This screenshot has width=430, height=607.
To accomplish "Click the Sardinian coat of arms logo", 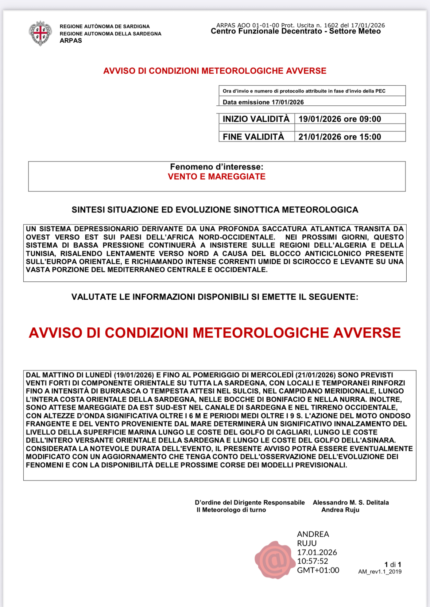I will [x=40, y=33].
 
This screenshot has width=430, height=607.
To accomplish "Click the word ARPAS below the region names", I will [x=71, y=41].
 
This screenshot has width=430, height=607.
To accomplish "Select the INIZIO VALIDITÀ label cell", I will [x=256, y=119].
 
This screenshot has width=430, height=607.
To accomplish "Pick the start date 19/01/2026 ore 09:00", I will [x=340, y=119].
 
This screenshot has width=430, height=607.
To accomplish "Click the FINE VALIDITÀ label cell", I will [x=253, y=137].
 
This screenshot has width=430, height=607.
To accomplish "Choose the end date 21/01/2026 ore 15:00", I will [x=340, y=137].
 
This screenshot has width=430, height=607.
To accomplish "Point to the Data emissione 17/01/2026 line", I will [x=263, y=102].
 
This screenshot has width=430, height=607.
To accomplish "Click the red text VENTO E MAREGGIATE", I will [x=217, y=177].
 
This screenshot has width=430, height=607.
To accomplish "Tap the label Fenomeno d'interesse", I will [x=217, y=167].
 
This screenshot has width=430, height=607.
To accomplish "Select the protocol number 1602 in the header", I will [x=331, y=25].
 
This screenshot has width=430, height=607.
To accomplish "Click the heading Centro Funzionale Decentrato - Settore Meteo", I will [x=295, y=31].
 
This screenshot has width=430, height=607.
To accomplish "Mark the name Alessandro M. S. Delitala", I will [x=350, y=502].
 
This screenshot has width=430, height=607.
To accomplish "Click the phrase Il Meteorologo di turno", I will [x=231, y=510].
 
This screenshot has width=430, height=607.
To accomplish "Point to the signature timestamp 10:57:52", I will [x=313, y=561].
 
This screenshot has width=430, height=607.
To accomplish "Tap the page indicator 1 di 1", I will [x=393, y=564].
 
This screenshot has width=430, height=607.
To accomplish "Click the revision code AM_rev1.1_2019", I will [x=380, y=572].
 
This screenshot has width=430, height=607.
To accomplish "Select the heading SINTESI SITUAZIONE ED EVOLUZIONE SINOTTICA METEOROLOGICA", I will [x=215, y=210].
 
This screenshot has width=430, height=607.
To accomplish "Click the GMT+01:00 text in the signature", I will [x=318, y=570].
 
